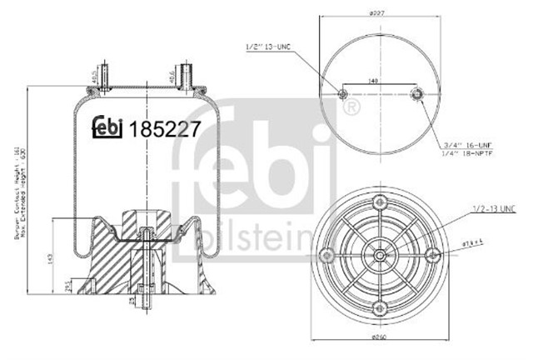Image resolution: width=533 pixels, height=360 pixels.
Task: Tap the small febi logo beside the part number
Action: coord(107,125)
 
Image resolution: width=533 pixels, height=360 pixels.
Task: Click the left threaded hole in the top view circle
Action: coord(343,94)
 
